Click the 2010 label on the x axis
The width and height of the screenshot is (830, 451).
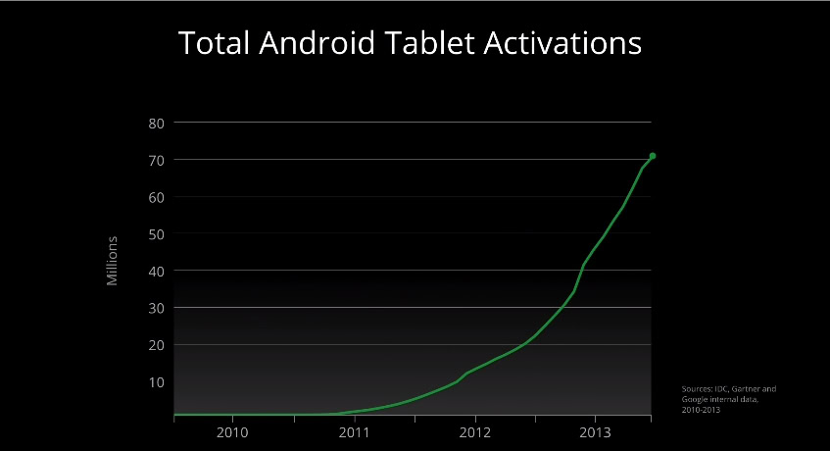232,432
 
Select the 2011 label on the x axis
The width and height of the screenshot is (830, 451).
354,432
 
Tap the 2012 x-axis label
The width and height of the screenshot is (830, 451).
475,432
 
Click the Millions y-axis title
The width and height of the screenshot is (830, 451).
113,261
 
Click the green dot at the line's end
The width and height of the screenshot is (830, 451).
653,156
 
